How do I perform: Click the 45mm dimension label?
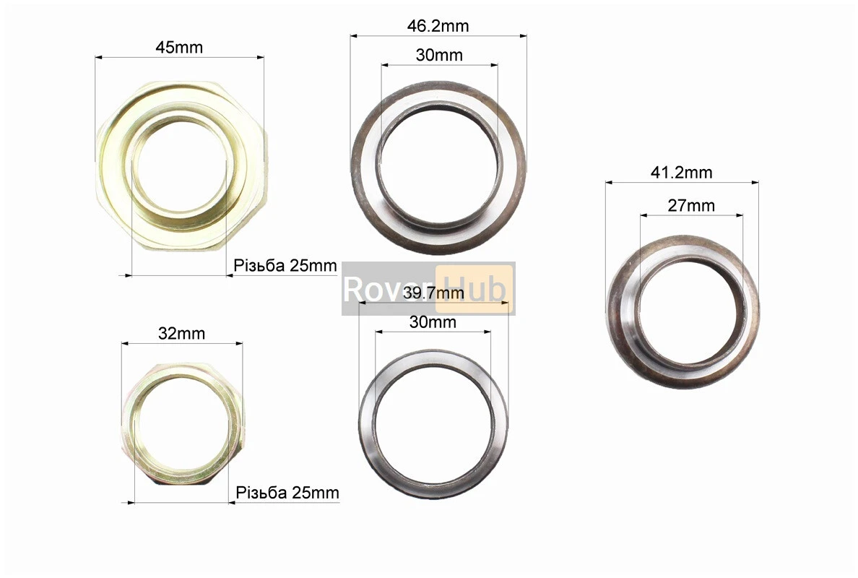click(x=179, y=48)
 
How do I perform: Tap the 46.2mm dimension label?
click(x=438, y=26)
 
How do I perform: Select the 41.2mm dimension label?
click(x=681, y=173)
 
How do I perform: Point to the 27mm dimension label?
click(x=691, y=206)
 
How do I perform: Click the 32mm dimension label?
click(x=182, y=333)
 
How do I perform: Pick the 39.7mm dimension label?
click(x=433, y=293)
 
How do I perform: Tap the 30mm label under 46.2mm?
click(x=439, y=56)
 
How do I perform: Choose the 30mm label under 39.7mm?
click(x=433, y=322)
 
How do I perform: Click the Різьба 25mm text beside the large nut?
click(x=285, y=265)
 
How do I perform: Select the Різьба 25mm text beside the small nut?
click(x=287, y=493)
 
